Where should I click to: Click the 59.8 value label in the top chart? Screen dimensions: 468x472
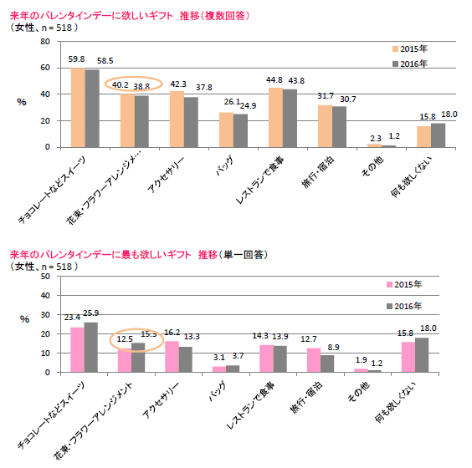click(x=76, y=59)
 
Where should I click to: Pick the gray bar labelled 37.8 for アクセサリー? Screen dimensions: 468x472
click(x=191, y=122)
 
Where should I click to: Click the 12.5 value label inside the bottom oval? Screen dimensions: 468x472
click(x=125, y=338)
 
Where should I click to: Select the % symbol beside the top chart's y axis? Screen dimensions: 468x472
click(x=23, y=99)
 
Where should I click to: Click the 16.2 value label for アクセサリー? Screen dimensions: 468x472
click(x=172, y=332)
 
